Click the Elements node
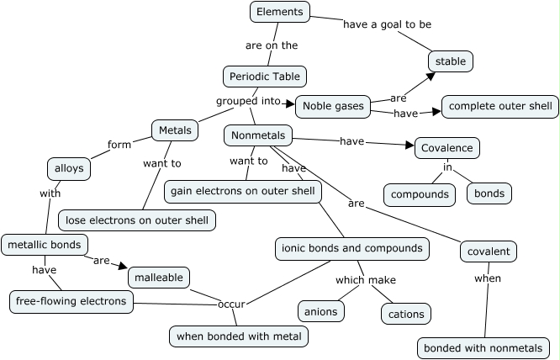pos(280,12)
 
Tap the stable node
pos(451,61)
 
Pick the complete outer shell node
pos(500,106)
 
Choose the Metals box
pos(175,130)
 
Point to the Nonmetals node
pos(257,135)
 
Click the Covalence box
pos(447,148)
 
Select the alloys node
pos(68,168)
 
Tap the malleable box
pos(159,277)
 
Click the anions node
pos(320,311)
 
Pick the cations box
pos(406,315)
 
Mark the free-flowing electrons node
pos(71,300)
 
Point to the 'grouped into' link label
pos(248,101)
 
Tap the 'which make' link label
pos(366,280)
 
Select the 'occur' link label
pos(231,303)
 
